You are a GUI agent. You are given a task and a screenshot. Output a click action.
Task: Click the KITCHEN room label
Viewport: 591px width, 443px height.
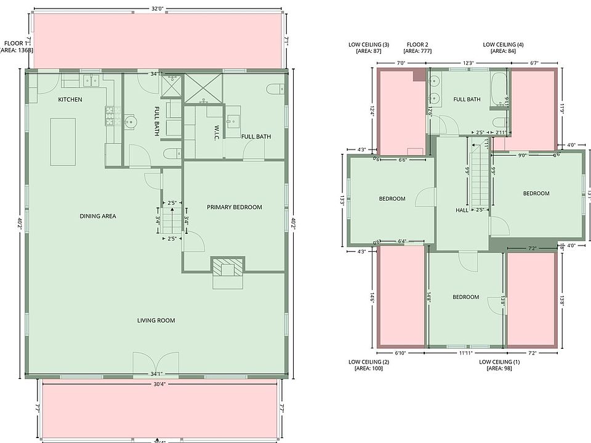[70, 100]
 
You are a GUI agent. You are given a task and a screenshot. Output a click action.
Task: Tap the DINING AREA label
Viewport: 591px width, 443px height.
[98, 216]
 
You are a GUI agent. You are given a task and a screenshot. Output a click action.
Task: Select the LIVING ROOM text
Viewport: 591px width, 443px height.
[156, 320]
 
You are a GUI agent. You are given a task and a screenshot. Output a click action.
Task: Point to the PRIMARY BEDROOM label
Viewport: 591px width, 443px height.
[234, 207]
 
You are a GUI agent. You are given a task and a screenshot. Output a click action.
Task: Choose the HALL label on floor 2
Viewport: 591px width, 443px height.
[462, 210]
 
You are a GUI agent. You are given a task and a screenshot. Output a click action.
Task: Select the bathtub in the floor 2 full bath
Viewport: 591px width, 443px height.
[499, 87]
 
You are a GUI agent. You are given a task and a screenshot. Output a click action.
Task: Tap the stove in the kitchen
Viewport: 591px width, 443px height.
[113, 115]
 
